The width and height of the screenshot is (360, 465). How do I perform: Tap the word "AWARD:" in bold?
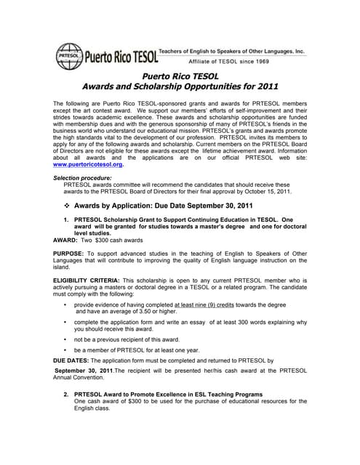(x=68, y=239)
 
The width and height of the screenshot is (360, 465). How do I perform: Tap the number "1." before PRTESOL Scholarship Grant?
(x=67, y=219)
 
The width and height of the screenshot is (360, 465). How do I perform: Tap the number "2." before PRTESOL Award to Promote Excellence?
(x=67, y=395)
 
